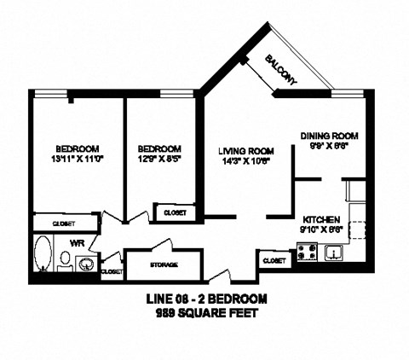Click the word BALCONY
282,68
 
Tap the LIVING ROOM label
242,150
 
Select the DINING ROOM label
328,136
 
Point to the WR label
76,242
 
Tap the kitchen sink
335,253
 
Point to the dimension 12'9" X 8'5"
158,157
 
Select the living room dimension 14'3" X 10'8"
242,161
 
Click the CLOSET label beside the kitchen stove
274,260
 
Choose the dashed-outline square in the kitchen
357,230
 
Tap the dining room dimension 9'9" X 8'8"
328,146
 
